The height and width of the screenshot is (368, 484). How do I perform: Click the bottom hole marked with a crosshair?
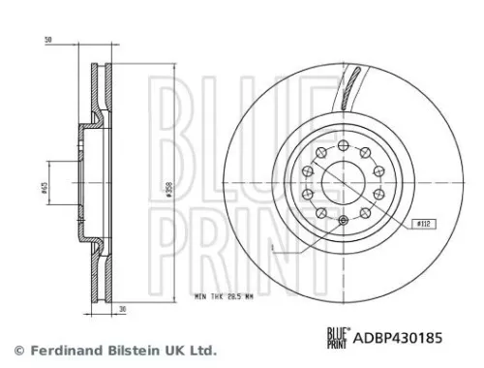[346, 223]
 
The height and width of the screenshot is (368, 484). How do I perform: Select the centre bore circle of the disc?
[345, 181]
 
